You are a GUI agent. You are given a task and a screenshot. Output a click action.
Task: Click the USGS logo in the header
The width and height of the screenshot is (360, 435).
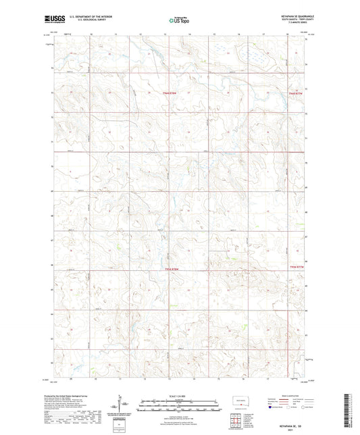tap(51, 21)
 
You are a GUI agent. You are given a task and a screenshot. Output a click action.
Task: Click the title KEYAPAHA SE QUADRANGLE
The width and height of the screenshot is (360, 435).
tap(291, 18)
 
